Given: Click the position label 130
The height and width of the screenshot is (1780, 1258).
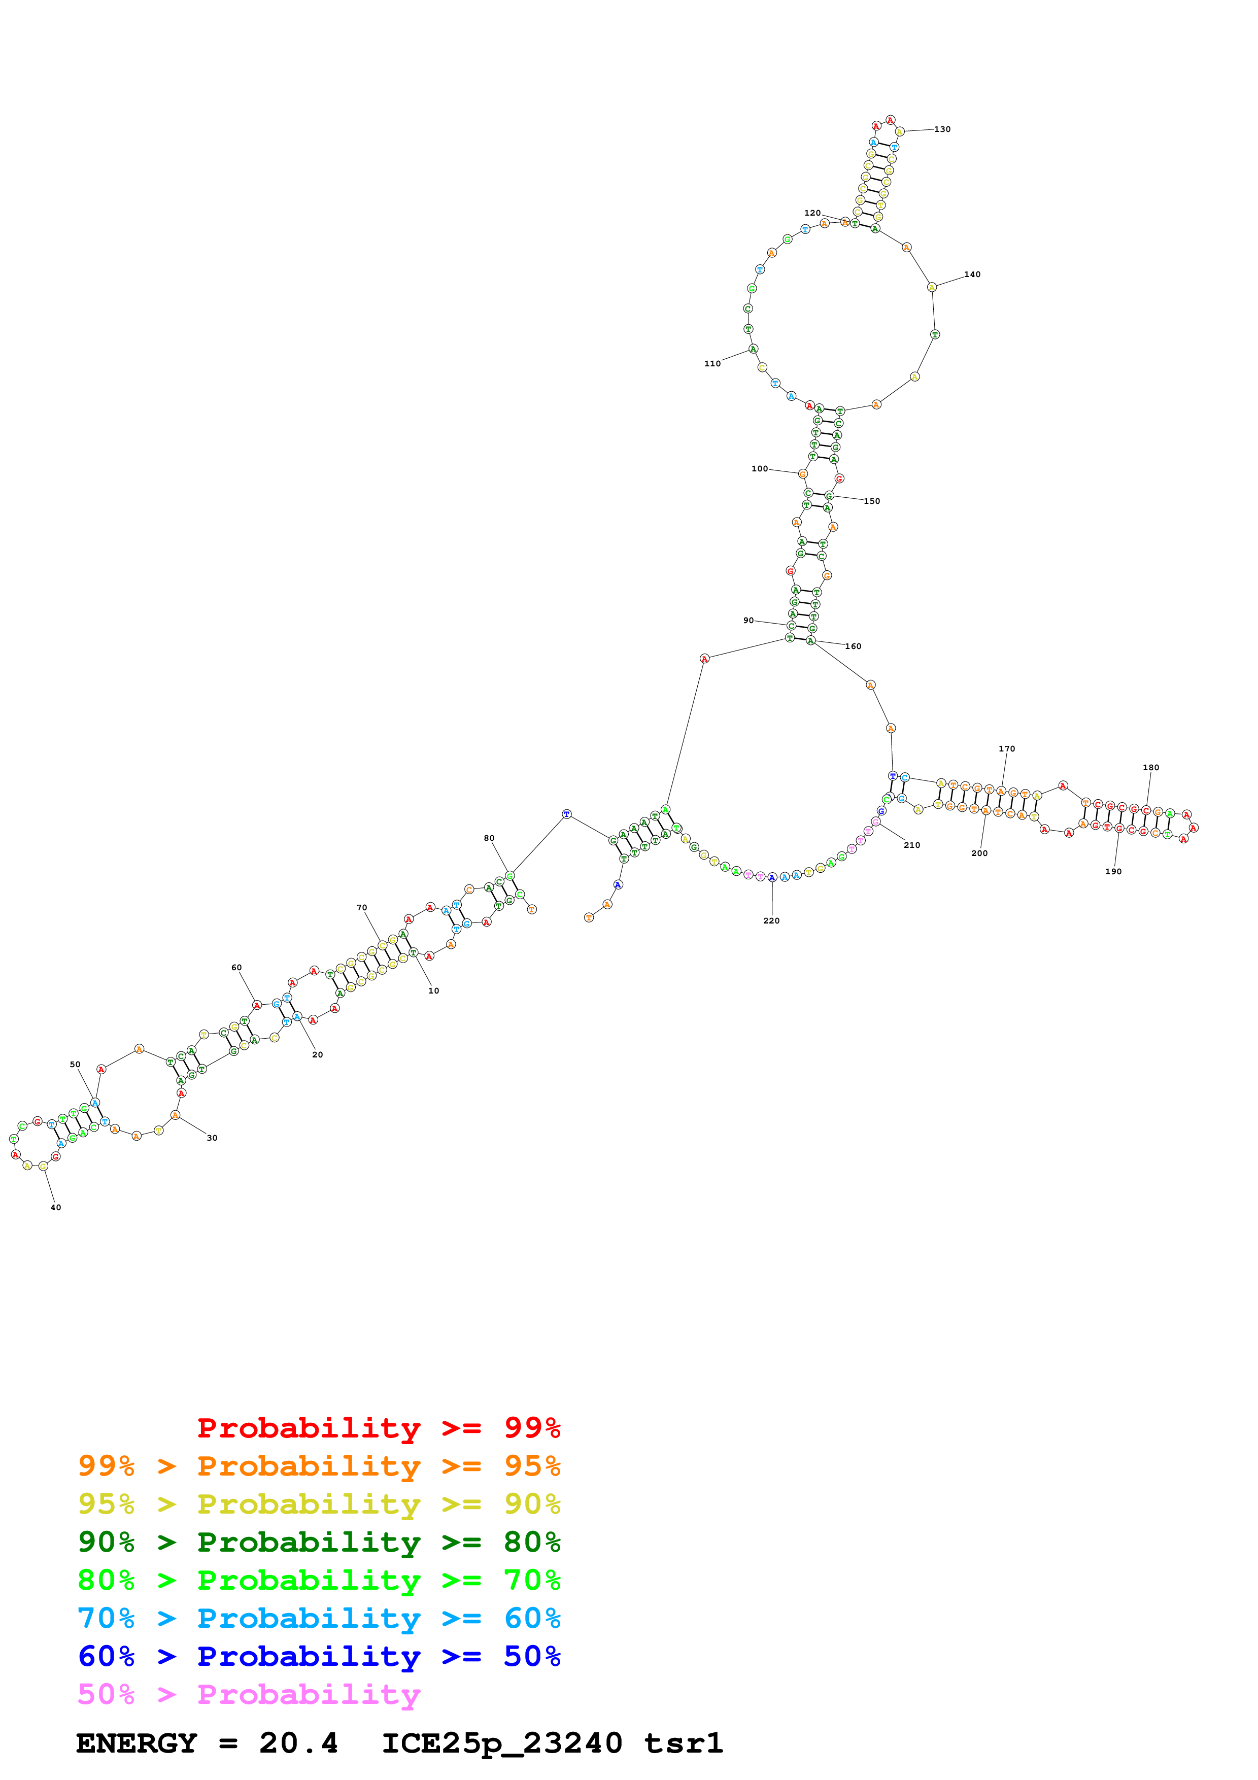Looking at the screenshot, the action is coord(942,129).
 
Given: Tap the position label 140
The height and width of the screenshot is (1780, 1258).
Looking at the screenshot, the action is coord(972,275).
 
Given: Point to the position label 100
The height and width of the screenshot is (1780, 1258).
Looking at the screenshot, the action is coord(760,469).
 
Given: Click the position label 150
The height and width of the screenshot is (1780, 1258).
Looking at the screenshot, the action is coord(872,502).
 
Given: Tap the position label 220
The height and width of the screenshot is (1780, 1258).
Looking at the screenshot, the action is coord(771,921).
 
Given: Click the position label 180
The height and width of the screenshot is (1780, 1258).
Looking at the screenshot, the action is coord(1151,768).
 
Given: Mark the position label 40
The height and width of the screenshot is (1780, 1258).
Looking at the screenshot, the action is coord(56,1208).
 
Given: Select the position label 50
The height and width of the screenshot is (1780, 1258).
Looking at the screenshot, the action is coord(75,1065).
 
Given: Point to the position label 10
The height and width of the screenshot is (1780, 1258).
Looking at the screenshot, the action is coord(434,991).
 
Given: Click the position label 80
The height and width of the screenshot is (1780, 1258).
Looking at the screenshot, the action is coord(489,838).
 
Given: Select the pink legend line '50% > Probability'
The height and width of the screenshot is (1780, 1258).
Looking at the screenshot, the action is coord(250,1695).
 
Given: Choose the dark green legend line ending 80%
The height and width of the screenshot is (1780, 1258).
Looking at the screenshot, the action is coord(319,1543).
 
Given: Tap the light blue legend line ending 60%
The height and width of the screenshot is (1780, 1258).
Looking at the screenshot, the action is coord(319,1620).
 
